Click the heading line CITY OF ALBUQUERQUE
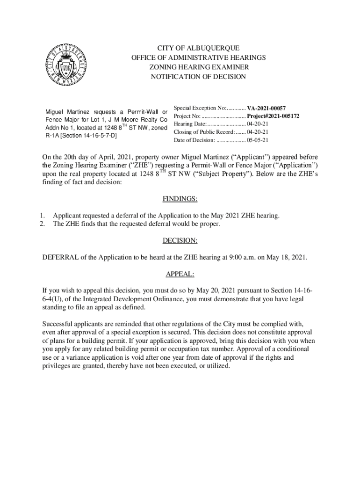click(198, 48)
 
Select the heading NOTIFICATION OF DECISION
click(198, 76)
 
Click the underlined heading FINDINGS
click(180, 199)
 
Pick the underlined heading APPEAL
click(180, 274)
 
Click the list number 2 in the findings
click(42, 224)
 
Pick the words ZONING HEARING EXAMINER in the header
click(198, 67)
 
